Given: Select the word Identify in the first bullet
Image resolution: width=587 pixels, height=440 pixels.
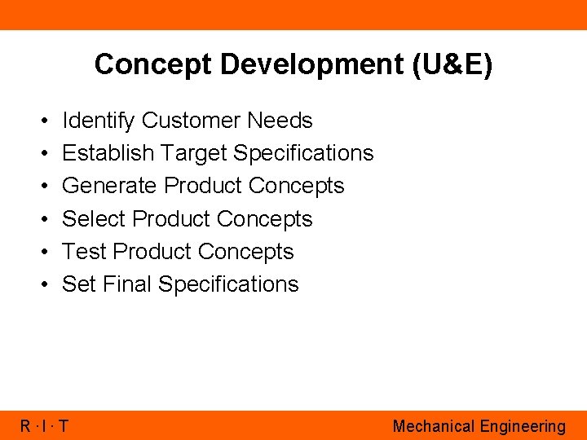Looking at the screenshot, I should point(99,121).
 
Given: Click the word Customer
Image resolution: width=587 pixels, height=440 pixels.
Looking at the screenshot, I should point(192,121).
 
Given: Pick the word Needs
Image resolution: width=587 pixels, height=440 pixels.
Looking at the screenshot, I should point(280,121).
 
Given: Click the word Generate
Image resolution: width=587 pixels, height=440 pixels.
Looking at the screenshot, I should point(109,186).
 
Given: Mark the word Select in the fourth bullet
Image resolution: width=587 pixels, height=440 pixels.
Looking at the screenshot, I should point(94,219).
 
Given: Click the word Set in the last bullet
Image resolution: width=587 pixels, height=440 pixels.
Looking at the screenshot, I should point(79,284).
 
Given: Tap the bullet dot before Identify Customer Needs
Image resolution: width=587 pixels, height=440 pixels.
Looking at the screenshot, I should point(41,121).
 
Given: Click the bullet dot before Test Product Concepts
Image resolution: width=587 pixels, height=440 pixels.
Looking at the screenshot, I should point(41,253).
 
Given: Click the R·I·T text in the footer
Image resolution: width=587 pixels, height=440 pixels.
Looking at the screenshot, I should point(45,426).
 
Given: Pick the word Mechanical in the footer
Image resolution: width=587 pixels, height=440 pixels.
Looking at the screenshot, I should point(433,426).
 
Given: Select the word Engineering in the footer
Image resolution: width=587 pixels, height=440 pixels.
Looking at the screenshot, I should point(523,426).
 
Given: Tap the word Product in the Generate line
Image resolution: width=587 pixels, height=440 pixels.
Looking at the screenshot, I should point(203,186).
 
